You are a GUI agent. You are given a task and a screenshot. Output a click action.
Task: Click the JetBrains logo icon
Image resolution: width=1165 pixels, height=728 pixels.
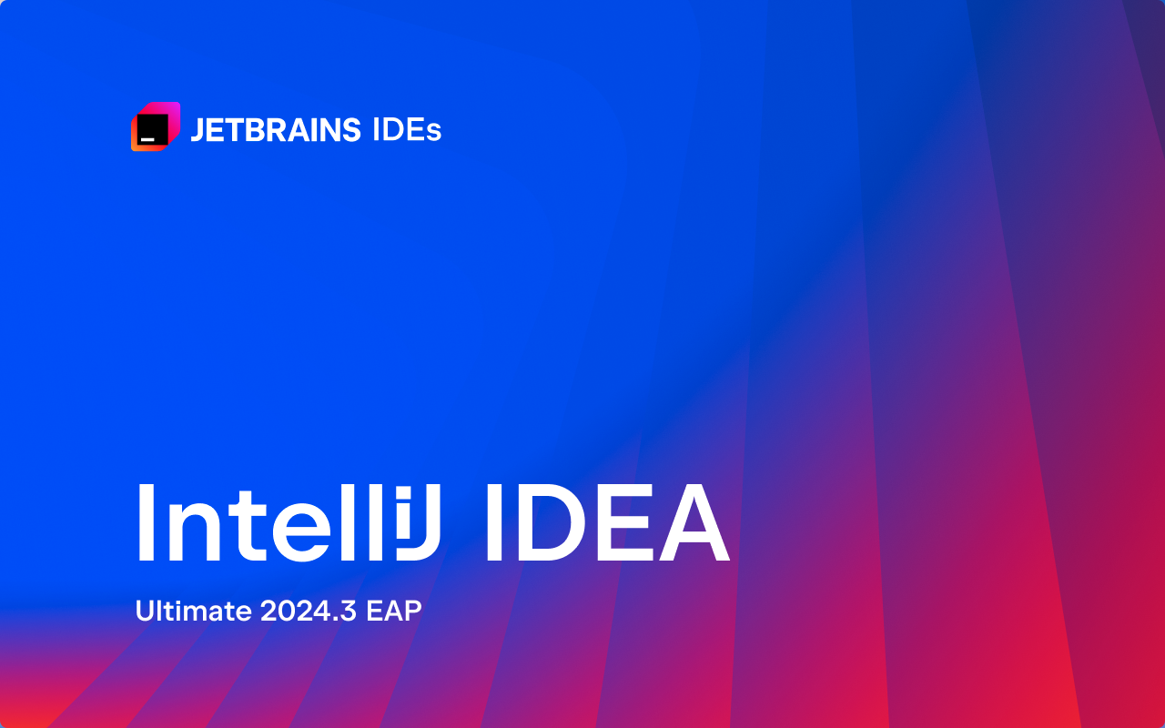(x=156, y=126)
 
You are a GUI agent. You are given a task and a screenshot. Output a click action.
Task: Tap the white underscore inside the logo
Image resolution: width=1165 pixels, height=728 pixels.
(x=147, y=139)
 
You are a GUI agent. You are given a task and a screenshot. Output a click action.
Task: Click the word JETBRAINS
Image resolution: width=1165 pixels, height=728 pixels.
(x=276, y=130)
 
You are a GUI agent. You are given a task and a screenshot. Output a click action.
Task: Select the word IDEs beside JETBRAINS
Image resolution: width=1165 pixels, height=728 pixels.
(x=407, y=130)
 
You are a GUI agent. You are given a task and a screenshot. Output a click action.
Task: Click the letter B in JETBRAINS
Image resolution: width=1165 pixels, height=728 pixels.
(x=256, y=130)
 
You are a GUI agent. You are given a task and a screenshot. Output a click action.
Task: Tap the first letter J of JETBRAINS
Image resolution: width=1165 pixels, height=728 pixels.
(x=198, y=130)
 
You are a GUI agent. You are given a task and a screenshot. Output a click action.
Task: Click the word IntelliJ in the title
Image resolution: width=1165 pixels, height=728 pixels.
(x=289, y=522)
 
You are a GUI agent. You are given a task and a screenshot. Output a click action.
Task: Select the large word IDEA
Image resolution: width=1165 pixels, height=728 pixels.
(x=608, y=522)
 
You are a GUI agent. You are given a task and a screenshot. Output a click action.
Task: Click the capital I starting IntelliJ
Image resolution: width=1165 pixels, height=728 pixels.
(x=146, y=522)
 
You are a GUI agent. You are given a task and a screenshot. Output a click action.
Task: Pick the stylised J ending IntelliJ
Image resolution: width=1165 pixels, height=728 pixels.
(x=419, y=522)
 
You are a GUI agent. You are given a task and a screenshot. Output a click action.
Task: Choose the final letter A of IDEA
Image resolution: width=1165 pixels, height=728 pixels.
(x=694, y=522)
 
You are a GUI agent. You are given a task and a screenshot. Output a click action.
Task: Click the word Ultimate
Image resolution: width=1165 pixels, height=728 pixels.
(x=194, y=611)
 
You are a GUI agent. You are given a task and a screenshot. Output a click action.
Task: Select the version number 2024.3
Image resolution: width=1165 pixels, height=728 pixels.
(x=309, y=611)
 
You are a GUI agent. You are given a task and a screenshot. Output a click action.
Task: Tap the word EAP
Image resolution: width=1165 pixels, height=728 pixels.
(x=394, y=611)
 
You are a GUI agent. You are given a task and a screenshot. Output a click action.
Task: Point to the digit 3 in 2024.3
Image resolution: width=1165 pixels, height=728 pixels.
(x=348, y=611)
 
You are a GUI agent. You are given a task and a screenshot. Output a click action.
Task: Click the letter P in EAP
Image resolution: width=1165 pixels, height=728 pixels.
(x=412, y=611)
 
